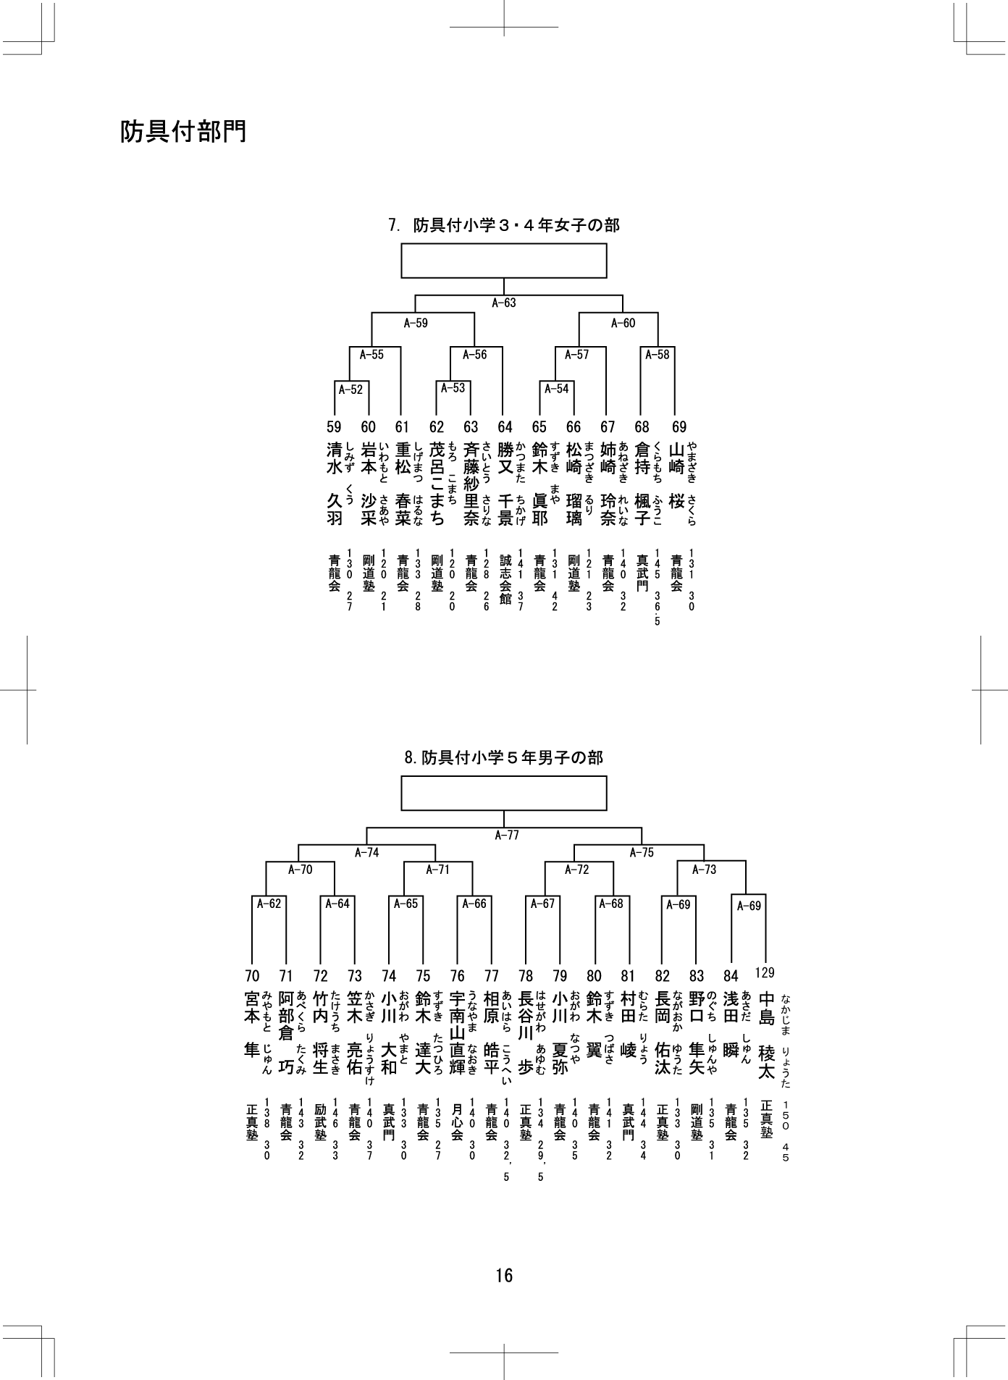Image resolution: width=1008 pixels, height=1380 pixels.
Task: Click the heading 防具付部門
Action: (183, 131)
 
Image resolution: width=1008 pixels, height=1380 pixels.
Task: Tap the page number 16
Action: (504, 1275)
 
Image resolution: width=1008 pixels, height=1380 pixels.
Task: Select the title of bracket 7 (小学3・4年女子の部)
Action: (504, 225)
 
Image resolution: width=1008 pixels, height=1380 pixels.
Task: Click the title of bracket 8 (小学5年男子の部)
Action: (504, 758)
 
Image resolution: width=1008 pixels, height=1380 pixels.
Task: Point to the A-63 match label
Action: (504, 303)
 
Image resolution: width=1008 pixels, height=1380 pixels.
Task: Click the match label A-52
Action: (350, 390)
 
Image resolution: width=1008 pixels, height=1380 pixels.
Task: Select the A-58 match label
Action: (658, 355)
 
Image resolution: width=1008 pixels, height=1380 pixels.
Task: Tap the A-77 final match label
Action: (507, 835)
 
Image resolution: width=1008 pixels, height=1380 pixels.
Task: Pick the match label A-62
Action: (269, 904)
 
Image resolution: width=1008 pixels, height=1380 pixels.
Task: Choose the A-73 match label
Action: (704, 870)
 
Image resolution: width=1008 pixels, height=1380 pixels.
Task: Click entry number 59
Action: (334, 427)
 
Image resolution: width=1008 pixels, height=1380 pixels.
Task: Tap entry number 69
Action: (679, 427)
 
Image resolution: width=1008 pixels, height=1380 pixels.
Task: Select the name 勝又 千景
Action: (505, 484)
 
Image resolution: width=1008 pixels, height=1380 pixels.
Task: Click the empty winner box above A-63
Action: (504, 261)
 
